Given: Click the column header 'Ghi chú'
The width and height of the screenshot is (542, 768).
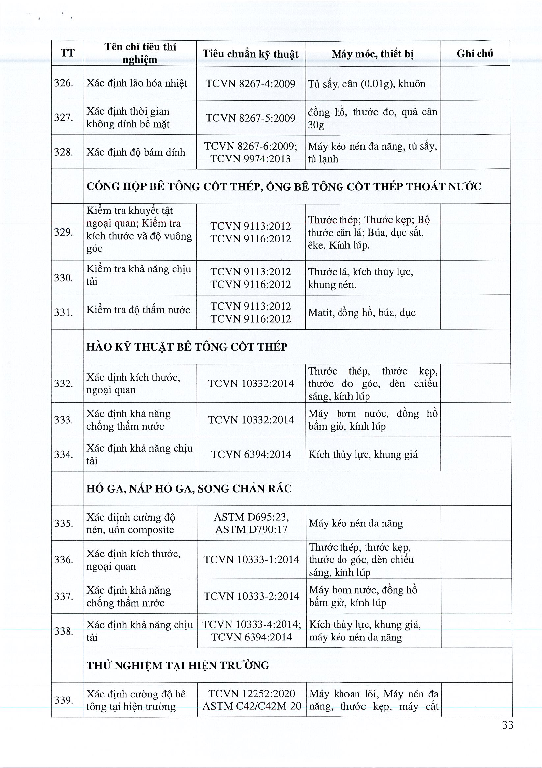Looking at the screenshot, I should tap(474, 53).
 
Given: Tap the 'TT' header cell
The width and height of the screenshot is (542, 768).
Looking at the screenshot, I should tap(68, 53).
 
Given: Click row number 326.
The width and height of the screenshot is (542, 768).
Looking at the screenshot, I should tap(64, 83).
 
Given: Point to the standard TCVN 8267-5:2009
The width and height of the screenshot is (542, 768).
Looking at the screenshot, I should tap(251, 118).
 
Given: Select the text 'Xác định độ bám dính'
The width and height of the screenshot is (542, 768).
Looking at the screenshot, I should tap(136, 152).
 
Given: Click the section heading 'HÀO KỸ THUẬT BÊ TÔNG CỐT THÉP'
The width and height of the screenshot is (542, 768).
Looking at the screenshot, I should tap(187, 347).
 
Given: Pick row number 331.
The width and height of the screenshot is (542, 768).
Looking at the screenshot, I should tap(64, 312).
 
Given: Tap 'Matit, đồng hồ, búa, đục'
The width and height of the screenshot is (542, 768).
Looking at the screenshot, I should tap(362, 313).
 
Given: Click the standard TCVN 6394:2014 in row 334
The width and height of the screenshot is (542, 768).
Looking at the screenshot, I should tap(251, 454).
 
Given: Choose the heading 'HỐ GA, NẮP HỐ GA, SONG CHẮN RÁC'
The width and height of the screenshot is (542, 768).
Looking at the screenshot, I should tap(189, 489).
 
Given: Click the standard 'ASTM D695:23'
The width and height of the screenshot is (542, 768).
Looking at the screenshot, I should tap(251, 517).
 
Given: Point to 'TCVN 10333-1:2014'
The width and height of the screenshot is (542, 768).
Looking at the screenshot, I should tap(251, 560).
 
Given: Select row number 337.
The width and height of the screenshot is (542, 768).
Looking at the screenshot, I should tap(64, 596).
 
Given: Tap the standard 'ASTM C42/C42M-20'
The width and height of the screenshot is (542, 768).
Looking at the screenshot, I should tap(252, 706).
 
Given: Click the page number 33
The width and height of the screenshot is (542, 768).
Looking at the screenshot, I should tap(507, 725).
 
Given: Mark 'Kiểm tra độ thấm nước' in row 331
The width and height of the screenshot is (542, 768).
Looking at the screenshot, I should tap(138, 310).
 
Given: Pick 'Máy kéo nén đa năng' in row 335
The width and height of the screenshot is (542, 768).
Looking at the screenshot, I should tap(356, 524).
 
